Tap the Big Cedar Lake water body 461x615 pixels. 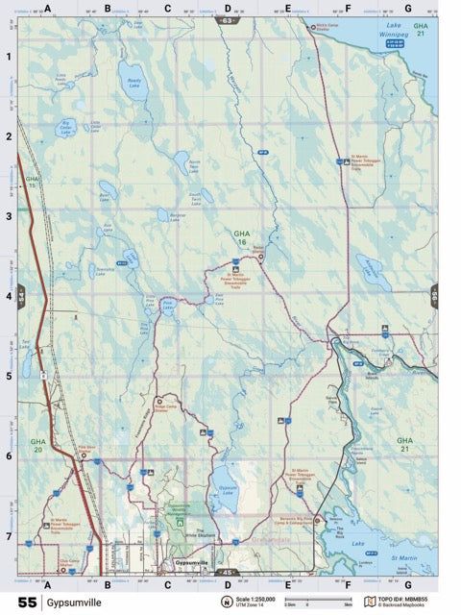65,128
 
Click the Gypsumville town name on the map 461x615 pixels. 191,561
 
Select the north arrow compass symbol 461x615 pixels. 227,603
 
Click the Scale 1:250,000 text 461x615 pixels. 258,599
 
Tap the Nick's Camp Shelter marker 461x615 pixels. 311,27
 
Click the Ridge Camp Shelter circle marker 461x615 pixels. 160,401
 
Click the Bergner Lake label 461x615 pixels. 177,217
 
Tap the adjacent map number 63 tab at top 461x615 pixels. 228,19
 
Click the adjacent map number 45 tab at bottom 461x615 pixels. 228,573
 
